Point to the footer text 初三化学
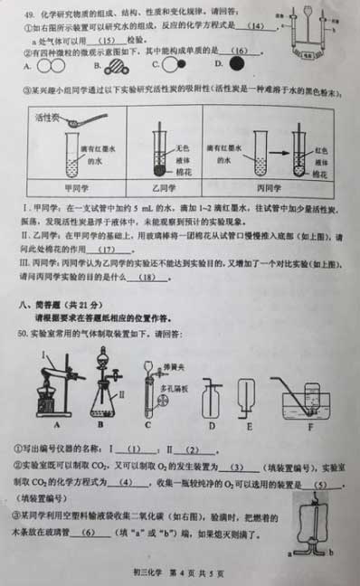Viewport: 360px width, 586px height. [141, 574]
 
